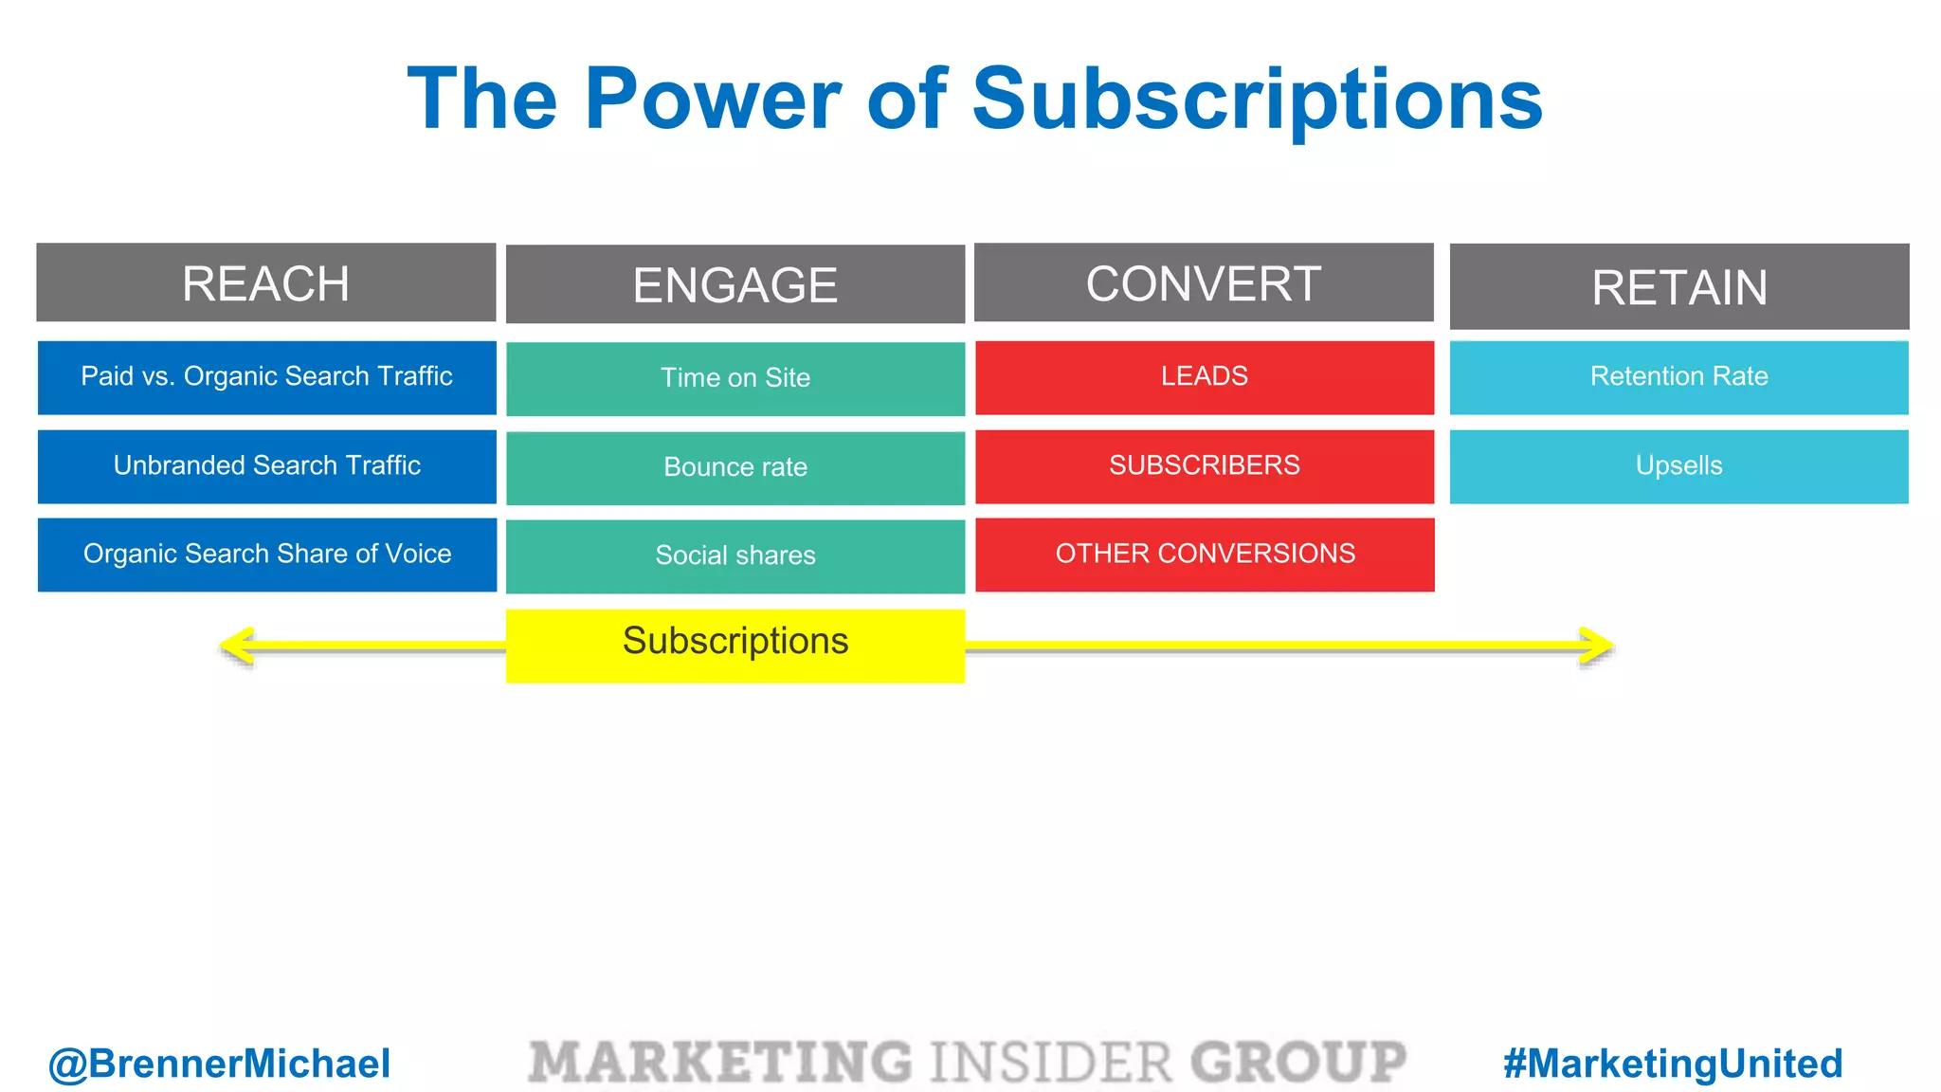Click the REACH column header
pos(265,283)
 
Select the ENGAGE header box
pos(735,284)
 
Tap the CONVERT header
pos(1204,283)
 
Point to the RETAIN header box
pos(1679,287)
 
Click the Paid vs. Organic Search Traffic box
pos(266,377)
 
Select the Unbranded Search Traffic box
pos(266,465)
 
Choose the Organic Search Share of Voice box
pos(266,555)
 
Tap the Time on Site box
pos(735,378)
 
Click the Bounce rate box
pos(735,467)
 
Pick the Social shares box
pos(735,555)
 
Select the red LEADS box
pos(1205,377)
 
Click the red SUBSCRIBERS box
pos(1205,465)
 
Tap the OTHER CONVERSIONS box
pos(1205,555)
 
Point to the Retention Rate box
pos(1678,377)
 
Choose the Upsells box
pos(1678,465)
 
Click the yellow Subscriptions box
pos(735,645)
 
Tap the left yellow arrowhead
pos(237,646)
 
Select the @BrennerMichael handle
pos(219,1064)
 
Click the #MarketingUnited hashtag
pos(1673,1064)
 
